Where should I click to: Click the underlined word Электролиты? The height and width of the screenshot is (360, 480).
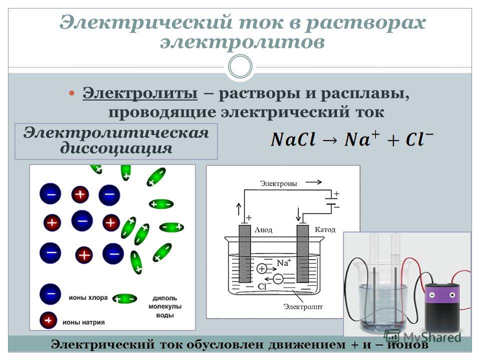click(x=140, y=93)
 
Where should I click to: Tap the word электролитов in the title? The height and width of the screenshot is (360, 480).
click(x=242, y=42)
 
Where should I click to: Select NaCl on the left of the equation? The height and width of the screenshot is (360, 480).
click(x=293, y=139)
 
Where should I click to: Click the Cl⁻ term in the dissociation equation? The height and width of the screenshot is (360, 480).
click(x=419, y=138)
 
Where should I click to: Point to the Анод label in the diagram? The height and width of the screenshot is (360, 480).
click(x=263, y=229)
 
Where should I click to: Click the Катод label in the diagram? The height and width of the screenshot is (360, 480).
click(x=325, y=229)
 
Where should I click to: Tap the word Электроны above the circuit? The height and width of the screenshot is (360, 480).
click(x=278, y=183)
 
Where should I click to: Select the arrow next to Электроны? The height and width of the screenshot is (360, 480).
click(x=313, y=182)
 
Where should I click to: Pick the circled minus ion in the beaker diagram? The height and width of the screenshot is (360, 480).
click(x=278, y=279)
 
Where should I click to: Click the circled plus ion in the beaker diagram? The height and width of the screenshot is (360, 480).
click(x=261, y=269)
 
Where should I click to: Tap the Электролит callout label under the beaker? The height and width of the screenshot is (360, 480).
click(x=303, y=306)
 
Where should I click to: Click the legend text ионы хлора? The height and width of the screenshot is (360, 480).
click(x=88, y=297)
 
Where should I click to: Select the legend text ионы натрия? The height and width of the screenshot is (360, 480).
click(x=83, y=322)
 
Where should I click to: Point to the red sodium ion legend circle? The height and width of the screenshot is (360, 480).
click(x=48, y=320)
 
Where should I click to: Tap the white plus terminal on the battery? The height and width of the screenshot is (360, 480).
click(x=452, y=295)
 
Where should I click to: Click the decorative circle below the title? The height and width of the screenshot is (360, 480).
click(x=240, y=66)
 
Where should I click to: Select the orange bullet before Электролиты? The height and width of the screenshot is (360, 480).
click(x=71, y=93)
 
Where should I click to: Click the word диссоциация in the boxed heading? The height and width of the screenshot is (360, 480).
click(x=116, y=148)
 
